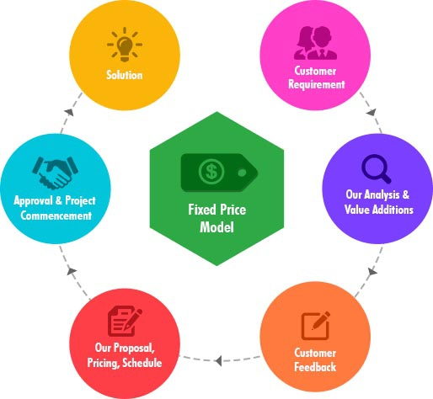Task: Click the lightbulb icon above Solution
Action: pos(125,45)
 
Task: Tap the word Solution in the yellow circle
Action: pos(125,75)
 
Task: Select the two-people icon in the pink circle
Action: pos(315,43)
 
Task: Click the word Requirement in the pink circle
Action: pos(317,84)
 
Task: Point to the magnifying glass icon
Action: pos(377,169)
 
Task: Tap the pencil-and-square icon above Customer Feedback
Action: pos(316,326)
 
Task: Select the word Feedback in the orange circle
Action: pos(315,367)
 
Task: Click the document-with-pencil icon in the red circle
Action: pos(126,321)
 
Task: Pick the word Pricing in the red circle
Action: pos(104,363)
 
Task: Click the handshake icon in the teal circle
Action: pos(55,173)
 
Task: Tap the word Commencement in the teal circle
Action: pos(56,215)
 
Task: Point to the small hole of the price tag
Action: pos(242,173)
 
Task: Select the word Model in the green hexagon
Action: pos(216,227)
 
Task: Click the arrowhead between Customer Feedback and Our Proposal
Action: pos(218,360)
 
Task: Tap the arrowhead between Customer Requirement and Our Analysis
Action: pos(372,112)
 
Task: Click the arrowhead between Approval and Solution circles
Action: pos(69,112)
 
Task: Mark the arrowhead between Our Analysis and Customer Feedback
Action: pos(372,271)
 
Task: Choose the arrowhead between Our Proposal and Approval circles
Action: pos(72,271)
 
